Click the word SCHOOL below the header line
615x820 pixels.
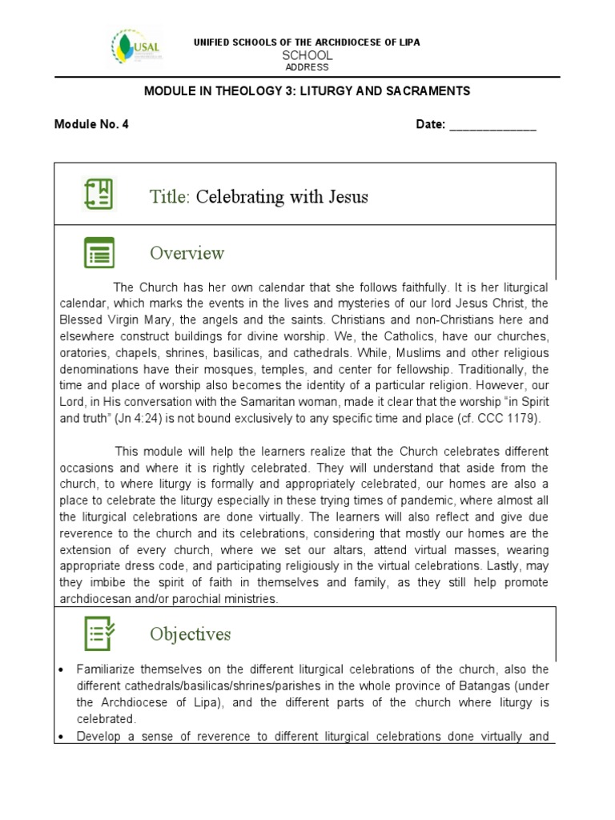[307, 55]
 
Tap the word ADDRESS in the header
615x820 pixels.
[307, 67]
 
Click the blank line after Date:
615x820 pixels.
[492, 126]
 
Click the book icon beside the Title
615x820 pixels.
[99, 195]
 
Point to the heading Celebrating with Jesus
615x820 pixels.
[282, 196]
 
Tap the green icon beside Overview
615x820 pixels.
[99, 252]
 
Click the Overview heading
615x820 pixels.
[187, 253]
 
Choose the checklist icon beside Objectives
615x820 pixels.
[99, 633]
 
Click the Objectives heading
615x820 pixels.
[190, 634]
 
